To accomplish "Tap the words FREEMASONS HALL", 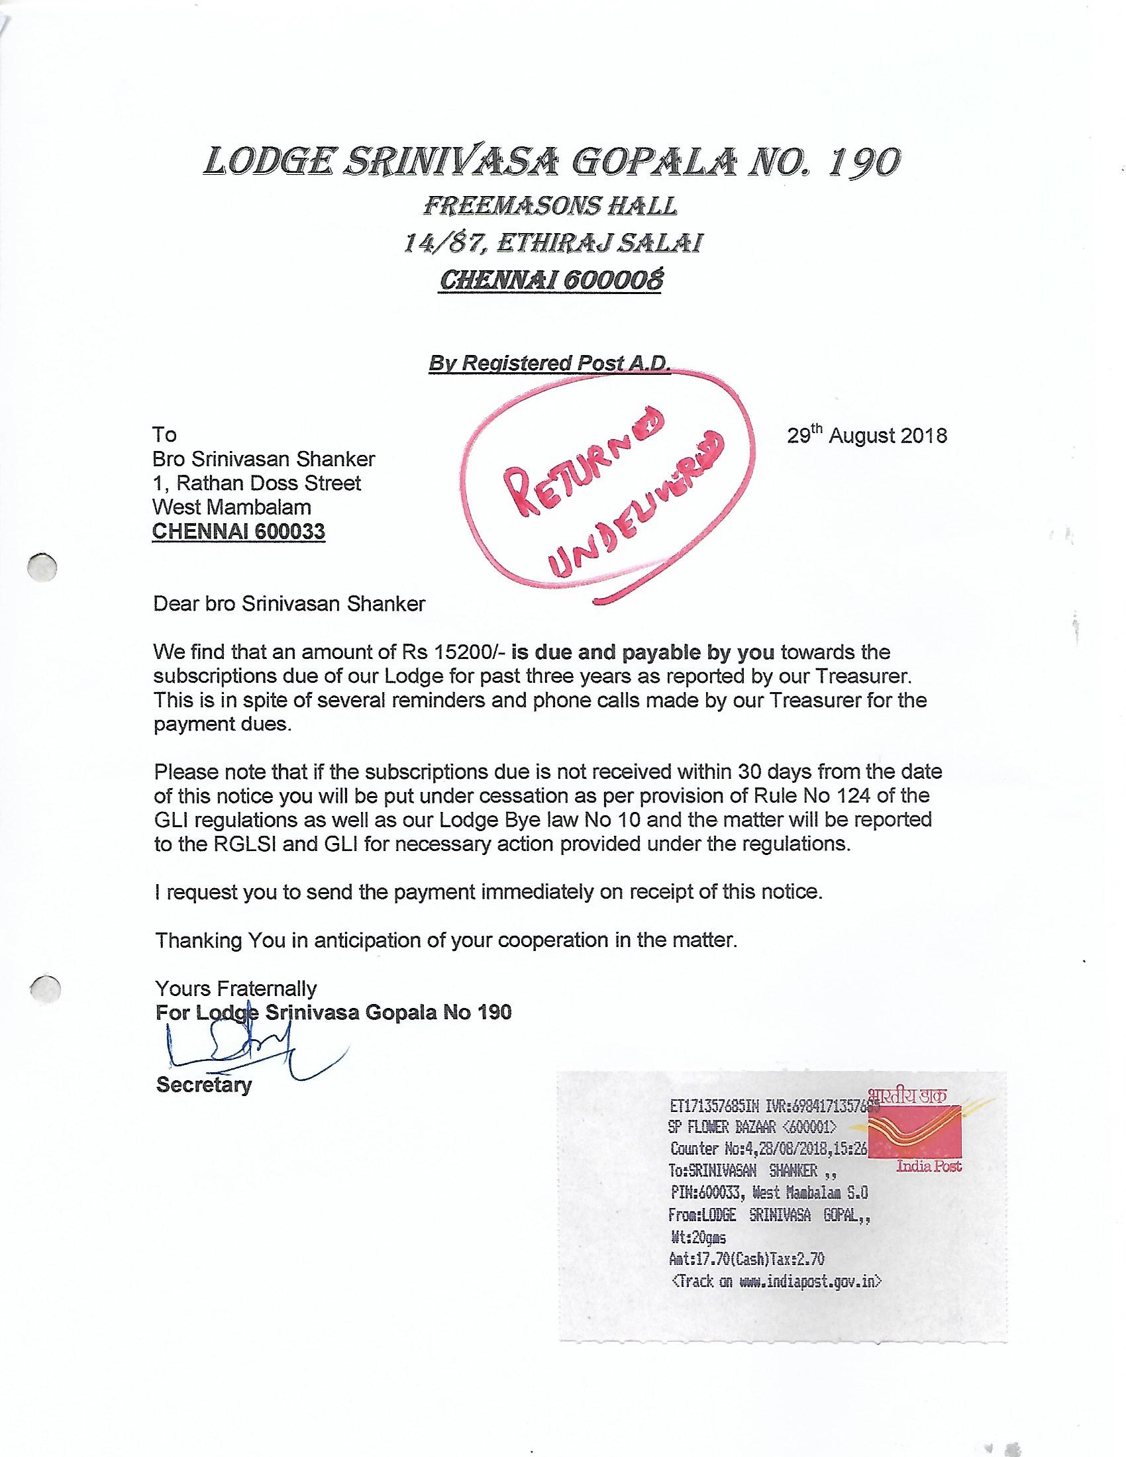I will click(x=550, y=206).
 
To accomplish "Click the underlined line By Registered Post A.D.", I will click(x=550, y=363).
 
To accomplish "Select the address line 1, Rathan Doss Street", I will click(x=257, y=483).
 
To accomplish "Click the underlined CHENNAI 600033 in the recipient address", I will click(x=239, y=532).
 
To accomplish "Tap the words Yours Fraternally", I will click(x=236, y=988).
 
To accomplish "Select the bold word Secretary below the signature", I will click(x=203, y=1085).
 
